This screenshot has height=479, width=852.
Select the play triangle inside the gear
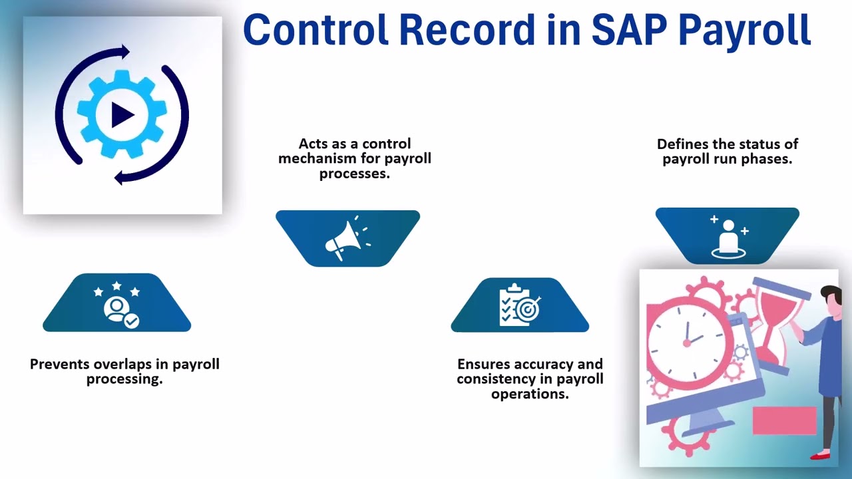[122, 115]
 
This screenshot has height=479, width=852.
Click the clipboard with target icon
[520, 305]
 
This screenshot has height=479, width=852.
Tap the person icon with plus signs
[728, 236]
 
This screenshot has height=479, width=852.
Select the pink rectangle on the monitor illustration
[784, 420]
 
